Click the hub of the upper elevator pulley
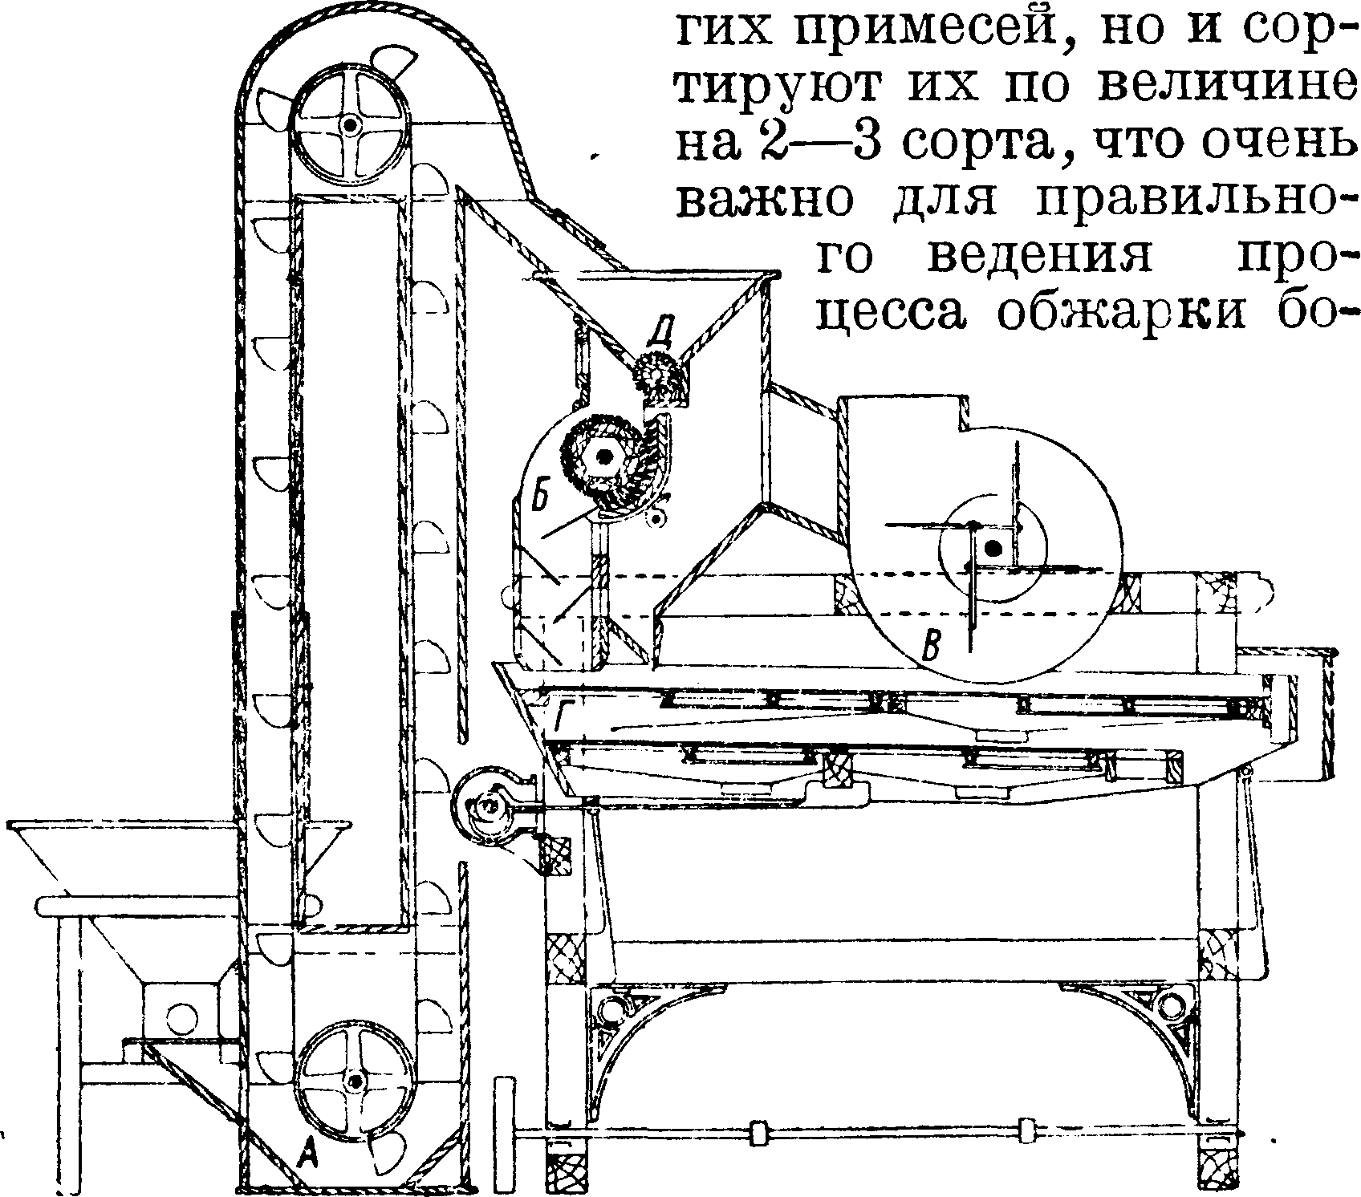pyautogui.click(x=350, y=126)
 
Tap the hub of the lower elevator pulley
pyautogui.click(x=355, y=1082)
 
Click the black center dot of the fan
pyautogui.click(x=993, y=549)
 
